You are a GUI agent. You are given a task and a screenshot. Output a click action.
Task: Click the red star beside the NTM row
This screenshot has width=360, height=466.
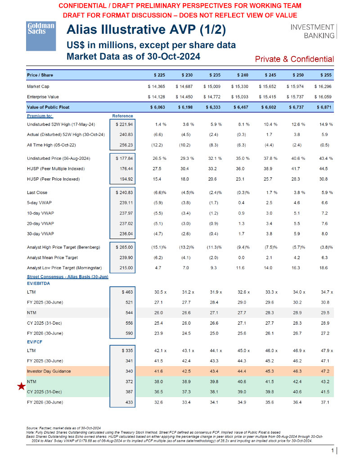pyautogui.click(x=20, y=386)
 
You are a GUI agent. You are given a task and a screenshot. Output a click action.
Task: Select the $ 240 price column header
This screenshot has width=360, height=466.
pyautogui.click(x=242, y=75)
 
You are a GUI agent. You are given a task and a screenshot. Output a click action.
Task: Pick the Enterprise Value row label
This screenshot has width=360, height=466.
pyautogui.click(x=43, y=96)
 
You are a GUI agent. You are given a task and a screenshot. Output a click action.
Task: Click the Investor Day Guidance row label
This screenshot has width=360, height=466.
pyautogui.click(x=49, y=371)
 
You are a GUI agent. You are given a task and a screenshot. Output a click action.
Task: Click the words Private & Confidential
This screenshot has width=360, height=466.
pyautogui.click(x=294, y=59)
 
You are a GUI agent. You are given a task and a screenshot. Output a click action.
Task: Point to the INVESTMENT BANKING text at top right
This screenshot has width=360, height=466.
pyautogui.click(x=312, y=31)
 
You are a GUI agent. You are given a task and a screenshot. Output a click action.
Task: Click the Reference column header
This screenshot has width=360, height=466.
pyautogui.click(x=122, y=116)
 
